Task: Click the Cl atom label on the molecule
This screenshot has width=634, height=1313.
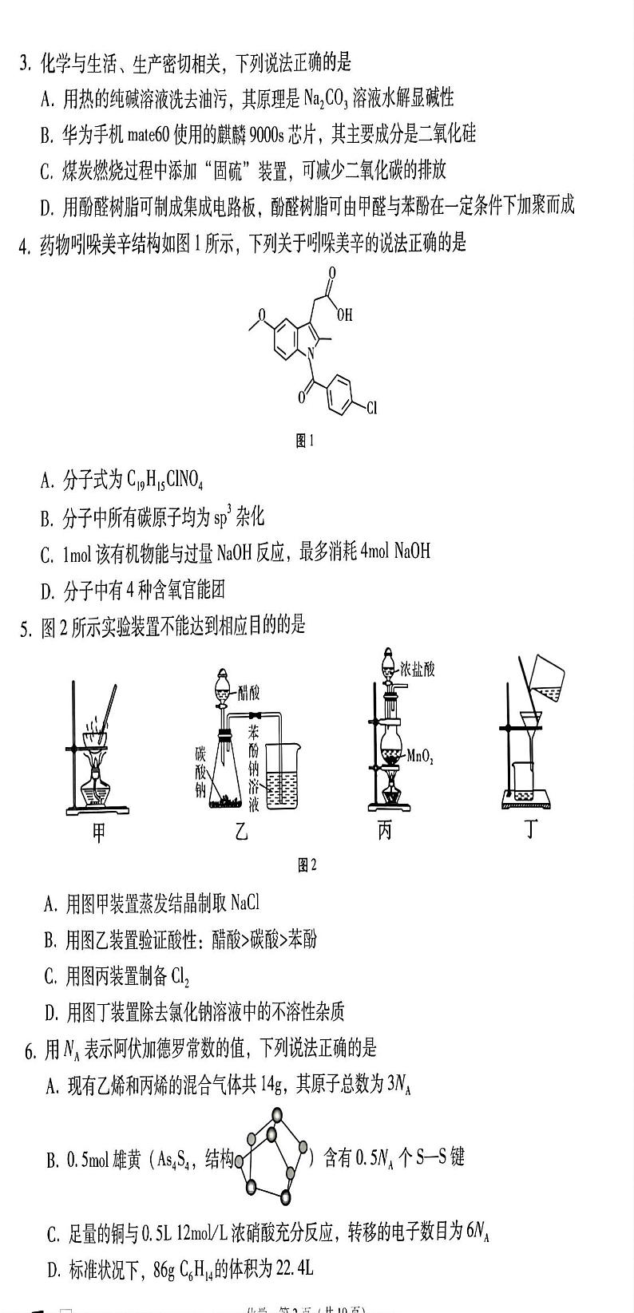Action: click(371, 409)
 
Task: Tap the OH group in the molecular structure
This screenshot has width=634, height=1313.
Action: click(344, 314)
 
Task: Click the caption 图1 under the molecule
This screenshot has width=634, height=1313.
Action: click(305, 441)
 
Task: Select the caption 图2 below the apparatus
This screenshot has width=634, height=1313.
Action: click(307, 864)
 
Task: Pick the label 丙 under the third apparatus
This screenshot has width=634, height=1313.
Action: click(384, 832)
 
